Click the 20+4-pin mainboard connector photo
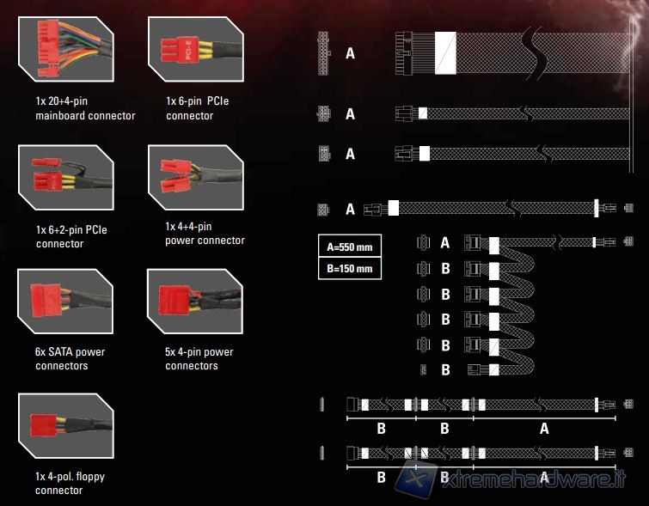click(x=66, y=49)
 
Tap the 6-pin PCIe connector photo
click(x=196, y=49)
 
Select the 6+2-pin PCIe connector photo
click(x=66, y=178)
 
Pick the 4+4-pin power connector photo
click(x=196, y=178)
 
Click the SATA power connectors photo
click(x=65, y=302)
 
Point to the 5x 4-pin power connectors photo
click(x=195, y=302)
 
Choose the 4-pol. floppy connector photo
click(x=66, y=426)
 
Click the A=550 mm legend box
click(x=350, y=247)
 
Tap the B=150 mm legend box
click(x=350, y=269)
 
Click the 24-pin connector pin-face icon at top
click(x=324, y=53)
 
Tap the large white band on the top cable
click(x=445, y=53)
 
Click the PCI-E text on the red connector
click(x=187, y=50)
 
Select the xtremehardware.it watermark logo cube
click(x=416, y=480)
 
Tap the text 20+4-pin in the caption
click(x=67, y=101)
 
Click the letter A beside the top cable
click(x=350, y=53)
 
